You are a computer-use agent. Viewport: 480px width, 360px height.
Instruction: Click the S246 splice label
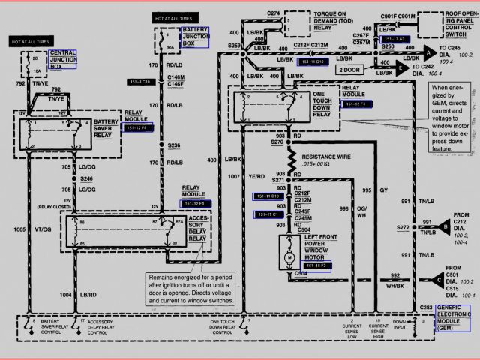click(x=88, y=179)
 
